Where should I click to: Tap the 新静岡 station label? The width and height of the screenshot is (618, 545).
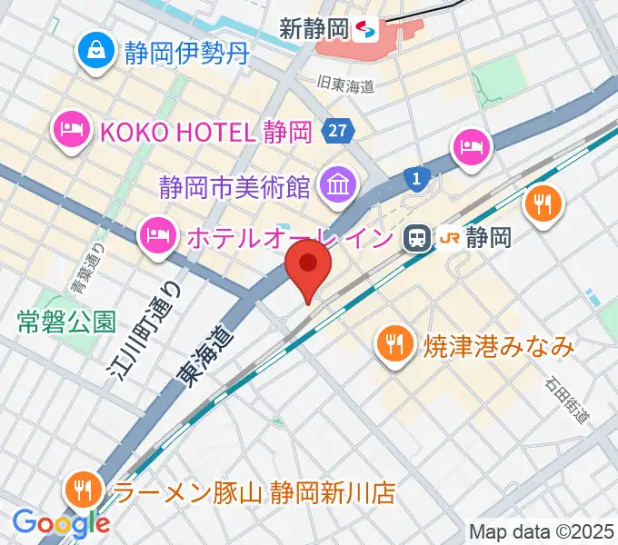[x=314, y=28]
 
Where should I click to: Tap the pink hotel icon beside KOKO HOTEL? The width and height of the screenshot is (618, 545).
[x=71, y=132]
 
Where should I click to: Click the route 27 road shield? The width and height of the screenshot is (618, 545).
[x=336, y=132]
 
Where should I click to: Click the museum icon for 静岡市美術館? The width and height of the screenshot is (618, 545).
[x=336, y=188]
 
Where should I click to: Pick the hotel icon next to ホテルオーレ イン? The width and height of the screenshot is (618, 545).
[x=157, y=237]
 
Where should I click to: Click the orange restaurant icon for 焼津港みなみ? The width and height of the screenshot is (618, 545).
[x=393, y=343]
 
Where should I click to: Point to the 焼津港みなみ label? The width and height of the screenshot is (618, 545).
[x=498, y=345]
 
